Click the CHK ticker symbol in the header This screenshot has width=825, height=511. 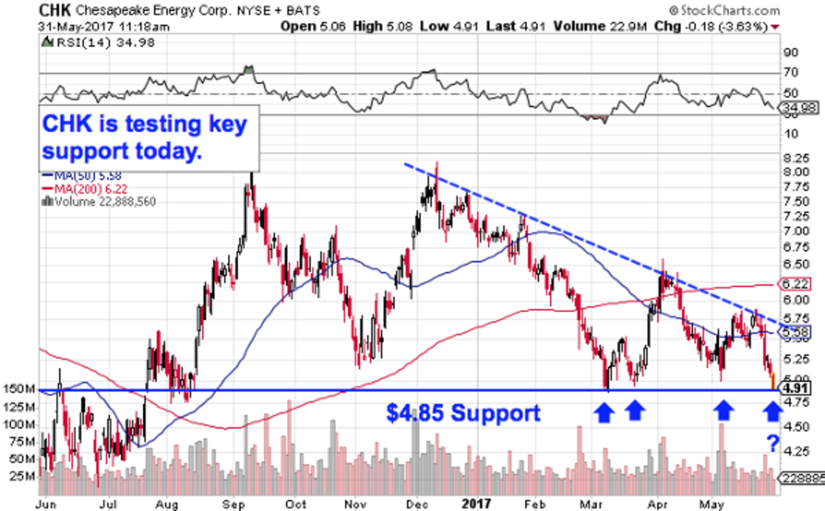55,10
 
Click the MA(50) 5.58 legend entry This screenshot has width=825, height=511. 82,177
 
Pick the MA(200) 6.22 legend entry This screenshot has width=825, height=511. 85,188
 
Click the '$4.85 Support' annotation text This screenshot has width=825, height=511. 462,413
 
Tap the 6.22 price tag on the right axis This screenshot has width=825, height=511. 793,284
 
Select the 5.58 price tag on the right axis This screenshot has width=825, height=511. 793,332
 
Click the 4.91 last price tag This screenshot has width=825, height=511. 793,387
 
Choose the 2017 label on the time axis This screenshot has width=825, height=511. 476,503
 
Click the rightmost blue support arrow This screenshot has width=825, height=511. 773,411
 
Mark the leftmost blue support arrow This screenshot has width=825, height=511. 604,411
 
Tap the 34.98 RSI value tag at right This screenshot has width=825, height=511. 795,107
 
